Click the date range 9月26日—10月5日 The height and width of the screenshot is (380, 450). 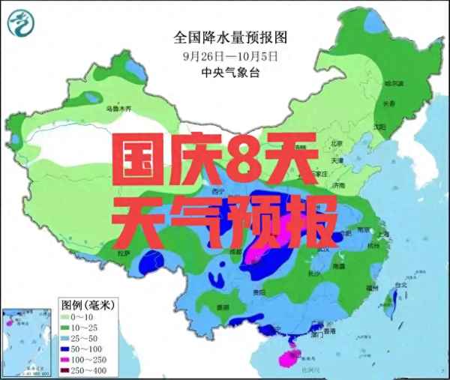coord(230,55)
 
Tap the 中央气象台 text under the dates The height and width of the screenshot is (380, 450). coord(230,73)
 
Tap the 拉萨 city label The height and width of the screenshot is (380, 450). coord(122,254)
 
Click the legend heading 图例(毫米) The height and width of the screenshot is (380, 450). coord(88,305)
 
